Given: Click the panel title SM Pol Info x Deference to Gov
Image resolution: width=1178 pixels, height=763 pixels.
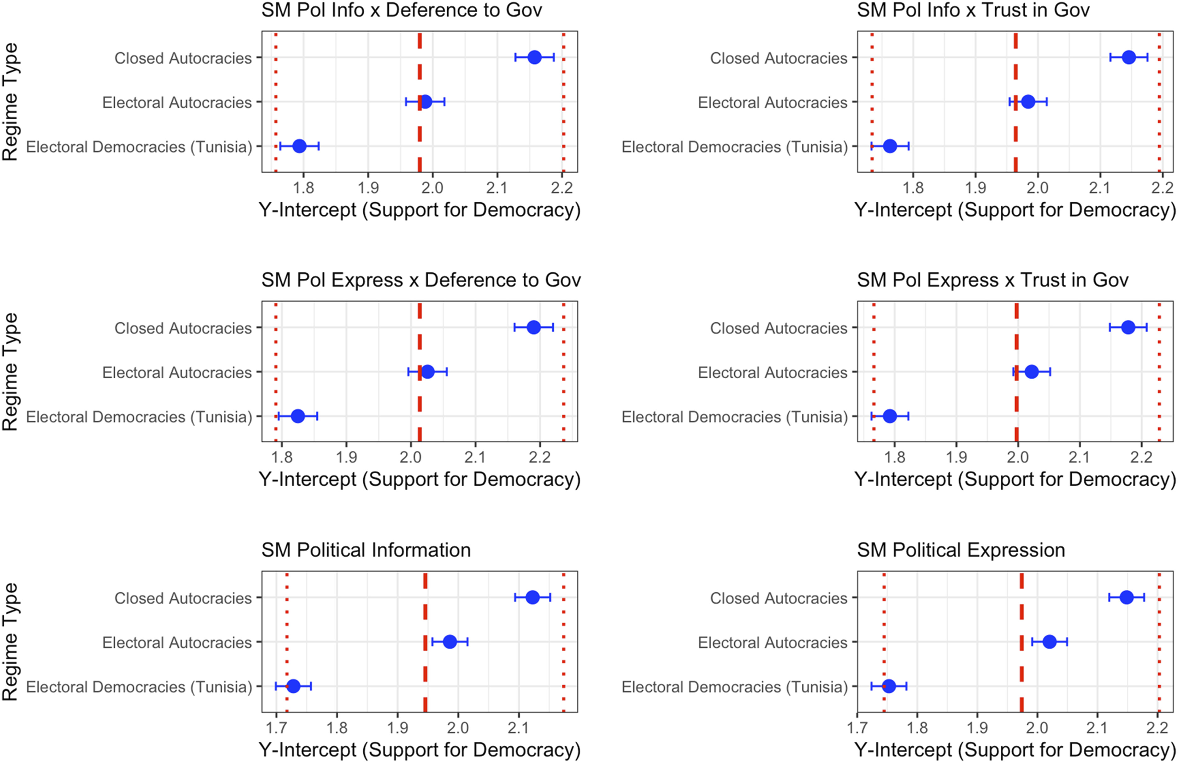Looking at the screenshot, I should click(x=401, y=10).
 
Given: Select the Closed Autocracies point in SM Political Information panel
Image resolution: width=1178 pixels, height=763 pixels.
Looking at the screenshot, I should click(x=532, y=597).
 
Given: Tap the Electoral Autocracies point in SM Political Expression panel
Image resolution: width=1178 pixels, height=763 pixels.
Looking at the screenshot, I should click(x=1049, y=642).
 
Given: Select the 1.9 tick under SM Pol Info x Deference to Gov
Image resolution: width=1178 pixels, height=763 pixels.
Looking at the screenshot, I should click(x=368, y=188).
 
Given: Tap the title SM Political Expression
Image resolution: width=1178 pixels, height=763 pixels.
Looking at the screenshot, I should click(x=961, y=550).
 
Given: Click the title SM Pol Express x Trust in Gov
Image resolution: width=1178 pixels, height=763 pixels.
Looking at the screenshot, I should click(x=993, y=280).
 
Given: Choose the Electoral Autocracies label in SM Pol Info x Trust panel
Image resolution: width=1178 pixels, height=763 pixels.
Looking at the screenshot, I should click(x=772, y=103).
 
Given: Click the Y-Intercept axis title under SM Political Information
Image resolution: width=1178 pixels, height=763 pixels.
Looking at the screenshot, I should click(x=419, y=750).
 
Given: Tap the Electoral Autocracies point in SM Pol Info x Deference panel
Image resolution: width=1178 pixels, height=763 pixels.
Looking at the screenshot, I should click(x=425, y=102).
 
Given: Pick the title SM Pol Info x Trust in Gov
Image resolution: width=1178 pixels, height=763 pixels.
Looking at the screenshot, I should click(x=973, y=10).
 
